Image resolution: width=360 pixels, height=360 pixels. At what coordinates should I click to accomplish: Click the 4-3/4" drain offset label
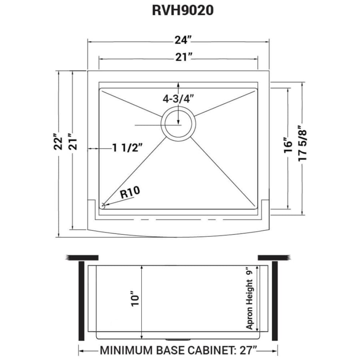click(x=178, y=99)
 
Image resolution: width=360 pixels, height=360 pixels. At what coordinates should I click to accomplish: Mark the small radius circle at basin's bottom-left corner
click(x=103, y=206)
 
